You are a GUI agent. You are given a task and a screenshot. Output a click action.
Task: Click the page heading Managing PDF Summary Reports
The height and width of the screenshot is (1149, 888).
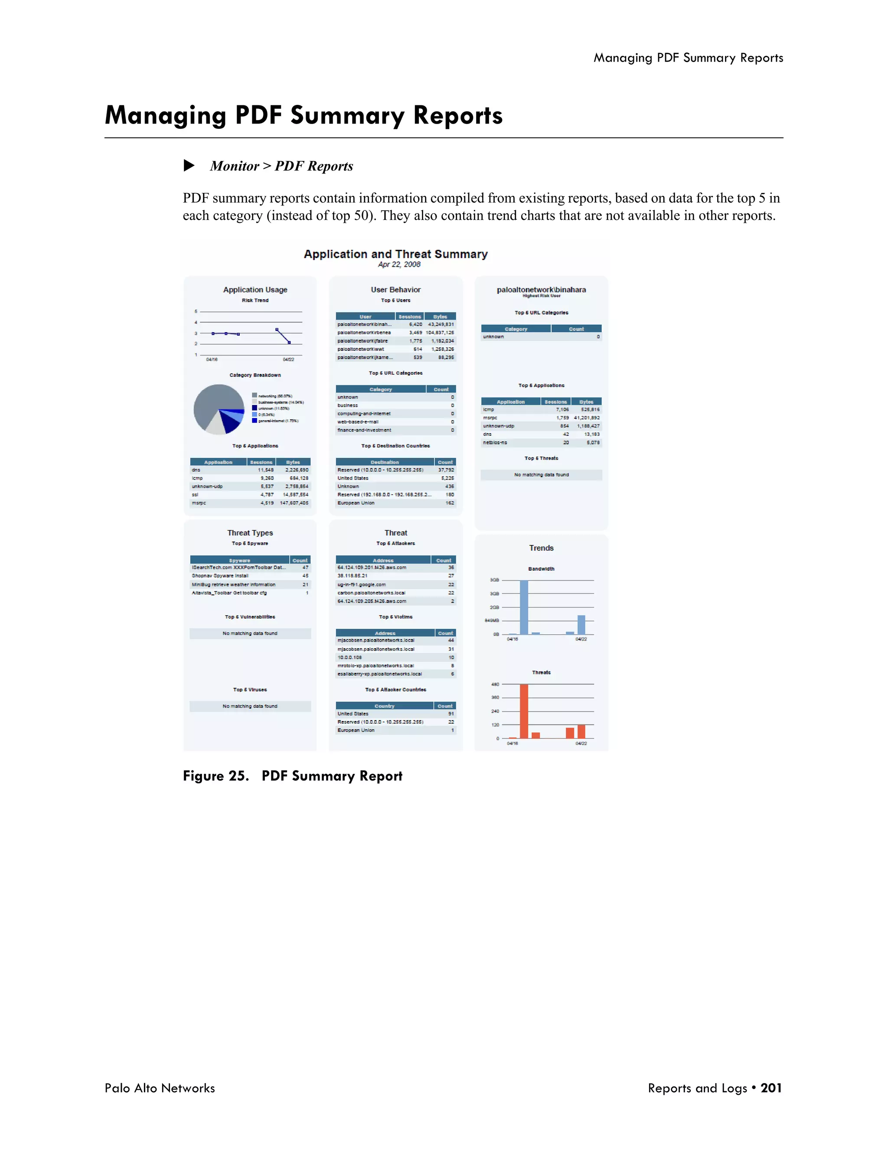tap(304, 115)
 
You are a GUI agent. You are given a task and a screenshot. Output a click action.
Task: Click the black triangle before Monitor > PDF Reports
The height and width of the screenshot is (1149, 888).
tap(189, 166)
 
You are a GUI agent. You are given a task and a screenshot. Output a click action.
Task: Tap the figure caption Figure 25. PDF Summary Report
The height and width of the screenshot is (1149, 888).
tap(293, 776)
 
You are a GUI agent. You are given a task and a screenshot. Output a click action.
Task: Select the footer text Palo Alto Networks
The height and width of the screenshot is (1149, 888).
tap(160, 1088)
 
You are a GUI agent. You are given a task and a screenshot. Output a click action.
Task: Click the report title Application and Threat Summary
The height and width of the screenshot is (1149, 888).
tap(395, 254)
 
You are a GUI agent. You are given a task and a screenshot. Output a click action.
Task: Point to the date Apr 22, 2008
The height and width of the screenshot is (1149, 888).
tap(399, 264)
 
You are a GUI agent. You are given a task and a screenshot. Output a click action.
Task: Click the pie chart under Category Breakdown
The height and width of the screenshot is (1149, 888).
tap(219, 409)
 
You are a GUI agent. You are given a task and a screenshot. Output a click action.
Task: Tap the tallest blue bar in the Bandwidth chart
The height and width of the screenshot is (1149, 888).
tap(523, 607)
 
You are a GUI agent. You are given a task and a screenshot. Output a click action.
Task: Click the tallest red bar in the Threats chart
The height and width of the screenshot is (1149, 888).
tap(523, 711)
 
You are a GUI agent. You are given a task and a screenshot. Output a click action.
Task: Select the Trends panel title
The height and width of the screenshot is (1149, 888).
tap(541, 548)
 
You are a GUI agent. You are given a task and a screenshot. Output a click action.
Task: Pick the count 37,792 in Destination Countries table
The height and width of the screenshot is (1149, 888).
tap(446, 470)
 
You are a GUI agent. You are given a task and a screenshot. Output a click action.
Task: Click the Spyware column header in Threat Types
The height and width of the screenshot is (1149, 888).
tap(239, 560)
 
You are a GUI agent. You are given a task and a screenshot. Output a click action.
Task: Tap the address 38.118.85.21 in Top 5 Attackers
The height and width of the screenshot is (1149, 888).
tap(353, 575)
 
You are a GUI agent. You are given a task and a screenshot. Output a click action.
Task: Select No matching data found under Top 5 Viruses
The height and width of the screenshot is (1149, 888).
tap(250, 706)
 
